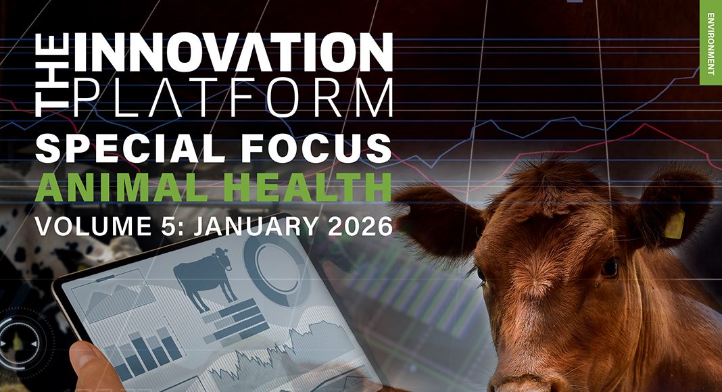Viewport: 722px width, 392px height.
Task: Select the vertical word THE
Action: point(51,74)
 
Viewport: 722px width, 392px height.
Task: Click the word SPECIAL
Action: point(126,148)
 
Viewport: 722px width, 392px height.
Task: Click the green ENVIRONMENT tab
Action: point(711,43)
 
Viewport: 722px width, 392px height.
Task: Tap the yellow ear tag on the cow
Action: point(674,225)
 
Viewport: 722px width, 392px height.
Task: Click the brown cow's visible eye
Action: point(608,268)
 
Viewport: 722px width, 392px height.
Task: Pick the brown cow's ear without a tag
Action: point(437,221)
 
